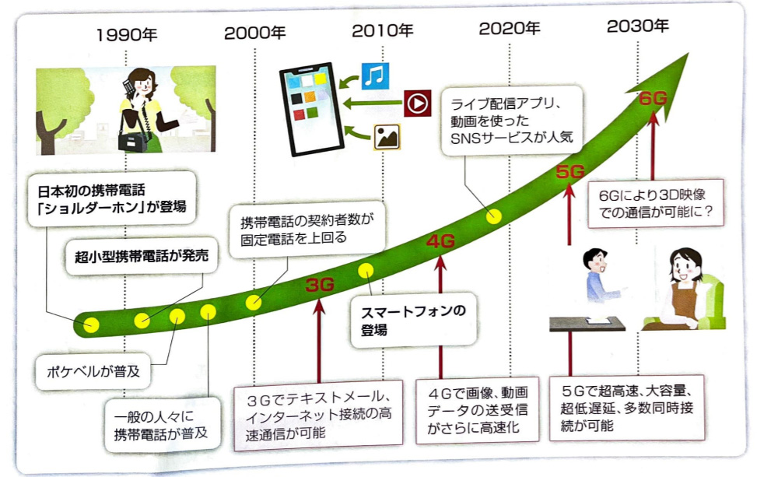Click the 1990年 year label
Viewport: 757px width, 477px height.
tap(128, 34)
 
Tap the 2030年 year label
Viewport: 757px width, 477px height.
tap(637, 26)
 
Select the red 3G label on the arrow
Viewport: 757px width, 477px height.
tap(319, 285)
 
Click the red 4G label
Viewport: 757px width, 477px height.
tap(440, 241)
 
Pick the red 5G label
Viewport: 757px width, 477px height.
tap(575, 171)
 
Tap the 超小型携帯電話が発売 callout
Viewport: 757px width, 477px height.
tap(143, 256)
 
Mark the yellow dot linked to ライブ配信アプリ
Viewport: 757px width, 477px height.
tap(494, 217)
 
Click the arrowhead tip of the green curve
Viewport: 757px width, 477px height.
tap(686, 56)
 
